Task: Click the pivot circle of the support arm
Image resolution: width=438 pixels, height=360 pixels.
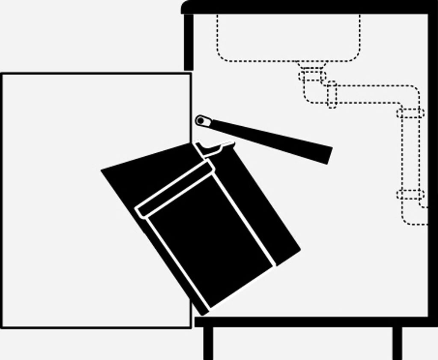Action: point(201,121)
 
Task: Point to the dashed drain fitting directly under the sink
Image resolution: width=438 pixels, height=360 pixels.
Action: point(312,75)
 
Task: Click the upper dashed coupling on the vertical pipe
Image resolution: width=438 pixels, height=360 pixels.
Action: point(410,113)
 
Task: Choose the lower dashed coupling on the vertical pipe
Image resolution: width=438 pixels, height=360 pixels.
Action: point(410,194)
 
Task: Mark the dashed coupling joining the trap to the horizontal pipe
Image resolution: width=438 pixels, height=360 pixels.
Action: point(331,94)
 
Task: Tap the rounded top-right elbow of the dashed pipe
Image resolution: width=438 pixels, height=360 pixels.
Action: point(413,92)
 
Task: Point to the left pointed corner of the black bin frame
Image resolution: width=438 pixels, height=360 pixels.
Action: point(103,171)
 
